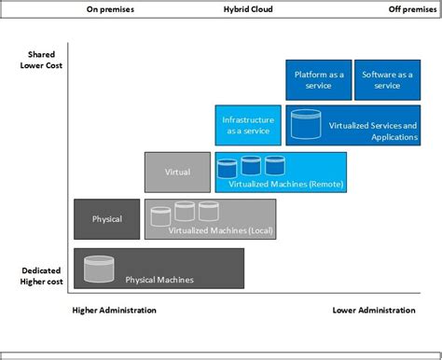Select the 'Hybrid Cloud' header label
[x=248, y=9]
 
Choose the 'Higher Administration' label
[x=115, y=310]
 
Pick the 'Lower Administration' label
[x=374, y=310]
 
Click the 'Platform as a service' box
[x=317, y=79]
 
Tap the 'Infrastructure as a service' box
[x=246, y=125]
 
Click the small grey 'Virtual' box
[x=177, y=172]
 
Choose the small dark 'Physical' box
[x=107, y=219]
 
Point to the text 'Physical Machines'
[x=159, y=279]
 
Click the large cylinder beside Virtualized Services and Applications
[x=305, y=122]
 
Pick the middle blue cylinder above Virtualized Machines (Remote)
[x=251, y=166]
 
